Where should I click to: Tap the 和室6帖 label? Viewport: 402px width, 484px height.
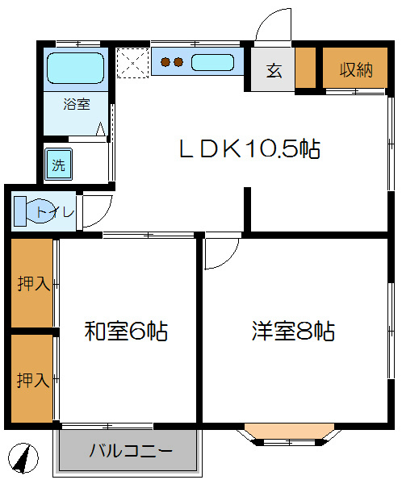126,331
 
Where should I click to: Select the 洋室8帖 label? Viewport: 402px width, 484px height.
293,331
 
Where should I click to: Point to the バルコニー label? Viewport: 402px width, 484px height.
130,451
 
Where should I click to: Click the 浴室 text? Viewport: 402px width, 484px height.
77,104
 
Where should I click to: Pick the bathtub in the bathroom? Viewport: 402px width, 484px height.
75,68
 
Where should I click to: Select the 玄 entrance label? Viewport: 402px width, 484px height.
274,70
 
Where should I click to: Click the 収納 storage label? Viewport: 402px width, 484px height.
355,69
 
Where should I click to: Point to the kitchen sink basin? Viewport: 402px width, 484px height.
212,61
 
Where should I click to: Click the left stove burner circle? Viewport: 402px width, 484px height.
165,61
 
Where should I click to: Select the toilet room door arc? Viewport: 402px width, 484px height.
94,211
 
